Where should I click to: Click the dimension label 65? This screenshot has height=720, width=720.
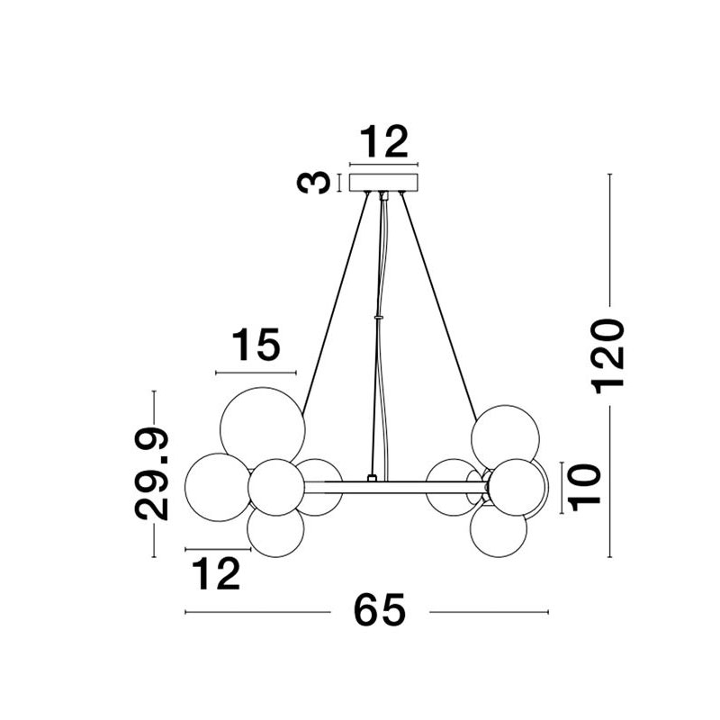(379, 610)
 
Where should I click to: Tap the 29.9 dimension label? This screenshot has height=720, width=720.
(152, 473)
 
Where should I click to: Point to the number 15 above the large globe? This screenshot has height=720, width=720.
(256, 345)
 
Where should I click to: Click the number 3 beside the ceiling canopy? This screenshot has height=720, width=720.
(313, 183)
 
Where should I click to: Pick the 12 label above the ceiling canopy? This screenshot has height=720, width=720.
(383, 142)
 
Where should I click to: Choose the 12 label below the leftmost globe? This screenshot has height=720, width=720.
(216, 573)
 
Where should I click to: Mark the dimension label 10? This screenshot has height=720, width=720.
(584, 487)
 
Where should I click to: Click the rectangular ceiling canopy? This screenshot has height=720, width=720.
(384, 183)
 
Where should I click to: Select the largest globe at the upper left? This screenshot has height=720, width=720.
(263, 429)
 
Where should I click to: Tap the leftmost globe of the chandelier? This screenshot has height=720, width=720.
(219, 487)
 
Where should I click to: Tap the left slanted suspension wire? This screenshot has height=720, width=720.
(335, 303)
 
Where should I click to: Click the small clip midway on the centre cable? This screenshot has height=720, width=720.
(378, 317)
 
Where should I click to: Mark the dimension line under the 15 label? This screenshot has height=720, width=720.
(256, 373)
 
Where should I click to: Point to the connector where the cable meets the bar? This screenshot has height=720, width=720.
(372, 478)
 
